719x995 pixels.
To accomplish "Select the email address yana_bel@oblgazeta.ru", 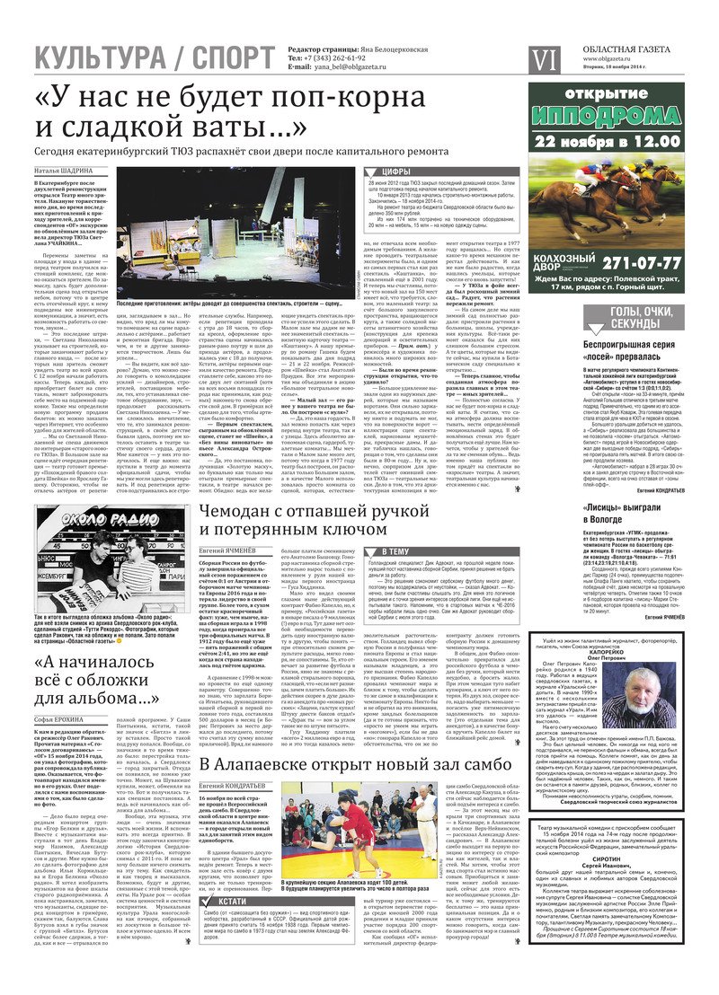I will [x=350, y=67].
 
